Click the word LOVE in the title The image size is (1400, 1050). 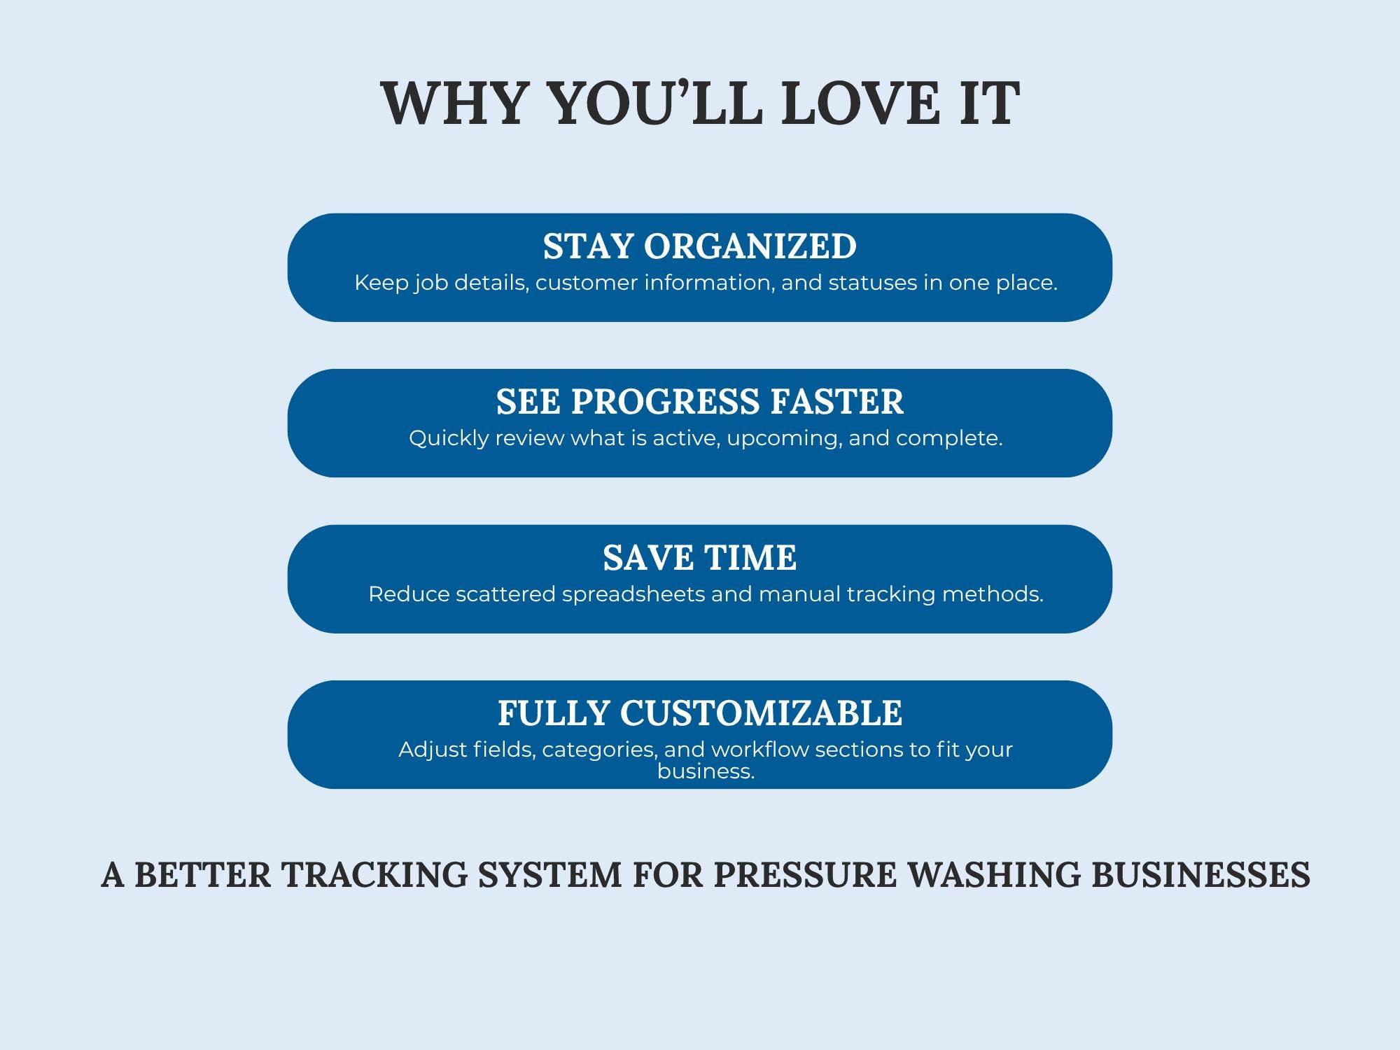point(860,104)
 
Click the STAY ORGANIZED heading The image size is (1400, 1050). point(700,246)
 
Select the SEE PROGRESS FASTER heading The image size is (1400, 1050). point(700,402)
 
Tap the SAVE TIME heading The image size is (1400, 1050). point(700,558)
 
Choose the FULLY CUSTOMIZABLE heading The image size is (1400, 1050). point(700,713)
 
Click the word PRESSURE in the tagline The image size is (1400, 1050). point(805,875)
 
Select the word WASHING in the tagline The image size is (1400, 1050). point(993,875)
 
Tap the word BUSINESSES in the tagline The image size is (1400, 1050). point(1201,875)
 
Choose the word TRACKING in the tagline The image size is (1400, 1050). point(374,875)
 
